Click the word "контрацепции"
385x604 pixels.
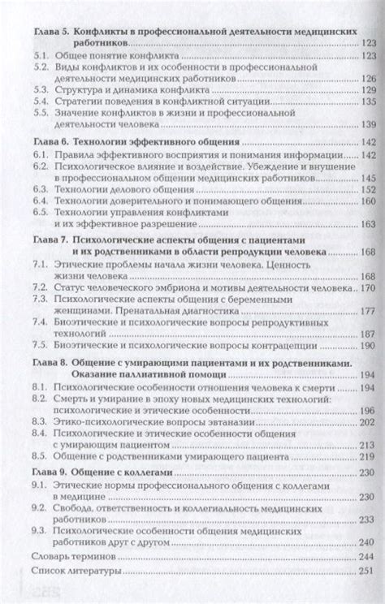pos(306,345)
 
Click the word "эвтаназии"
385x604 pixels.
pos(227,422)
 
